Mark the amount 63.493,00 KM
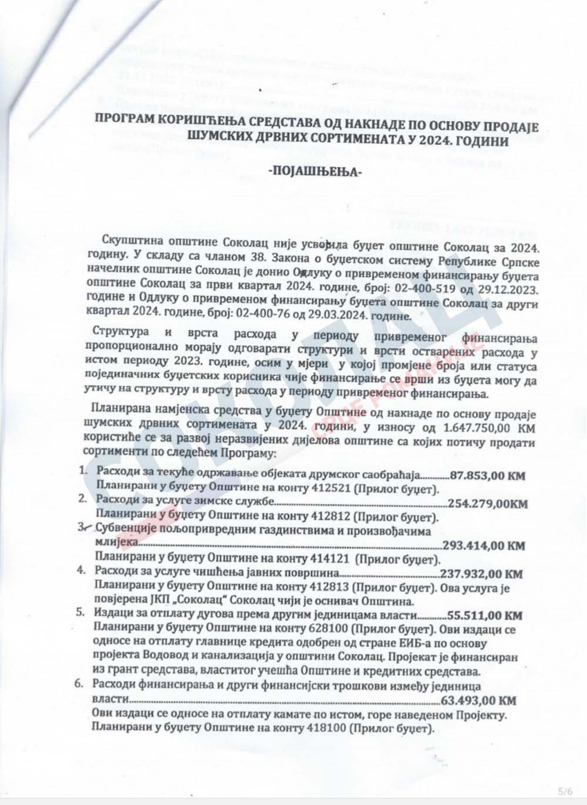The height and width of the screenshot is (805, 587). click(x=478, y=700)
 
